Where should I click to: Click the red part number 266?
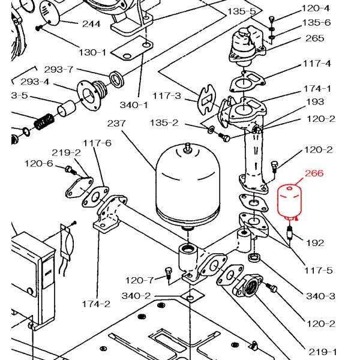[x=314, y=173]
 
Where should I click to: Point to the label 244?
[x=91, y=24]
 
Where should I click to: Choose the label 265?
[x=314, y=38]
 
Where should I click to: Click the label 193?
[x=315, y=102]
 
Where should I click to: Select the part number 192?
[x=315, y=243]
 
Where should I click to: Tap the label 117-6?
[x=97, y=143]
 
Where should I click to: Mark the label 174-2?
[x=96, y=304]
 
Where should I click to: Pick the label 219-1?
[x=322, y=352]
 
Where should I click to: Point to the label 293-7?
[x=59, y=70]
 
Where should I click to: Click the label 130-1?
[x=92, y=53]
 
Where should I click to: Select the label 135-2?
[x=164, y=123]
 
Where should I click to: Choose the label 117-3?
[x=166, y=95]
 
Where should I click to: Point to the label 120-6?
[x=39, y=163]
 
